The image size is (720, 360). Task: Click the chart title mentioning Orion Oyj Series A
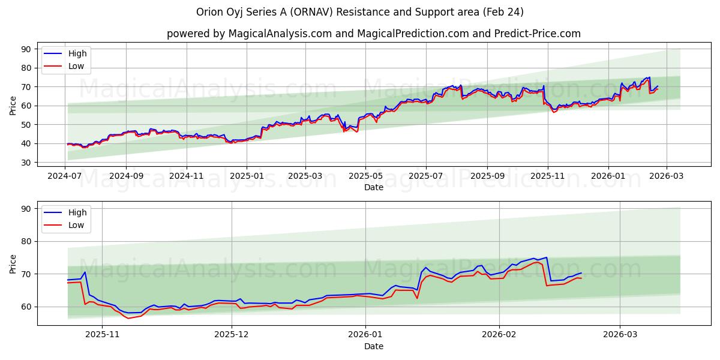[x=360, y=12]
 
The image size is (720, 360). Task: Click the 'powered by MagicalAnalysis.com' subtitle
[x=373, y=34]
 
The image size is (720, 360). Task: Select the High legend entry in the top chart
[x=77, y=53]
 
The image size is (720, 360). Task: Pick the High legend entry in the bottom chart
[x=77, y=212]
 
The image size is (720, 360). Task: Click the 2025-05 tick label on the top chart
[x=365, y=177]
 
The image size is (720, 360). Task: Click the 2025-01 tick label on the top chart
[x=247, y=177]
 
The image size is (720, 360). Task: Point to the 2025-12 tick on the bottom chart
[x=232, y=335]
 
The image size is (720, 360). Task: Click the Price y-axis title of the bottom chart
[x=13, y=263]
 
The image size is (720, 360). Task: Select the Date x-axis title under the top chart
[x=373, y=188]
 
